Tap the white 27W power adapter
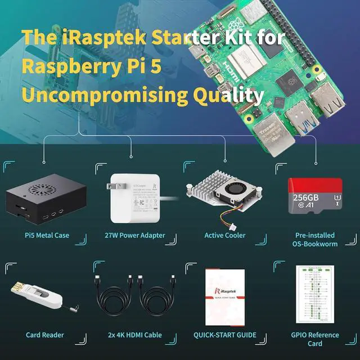(132, 200)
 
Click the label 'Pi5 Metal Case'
(45, 235)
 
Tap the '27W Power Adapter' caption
(135, 235)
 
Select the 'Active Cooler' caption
(225, 235)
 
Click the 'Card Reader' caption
(45, 335)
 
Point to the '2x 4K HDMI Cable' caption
(135, 335)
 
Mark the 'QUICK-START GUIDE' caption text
(225, 335)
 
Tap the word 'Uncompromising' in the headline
(103, 95)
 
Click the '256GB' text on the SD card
(307, 199)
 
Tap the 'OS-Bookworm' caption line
(315, 244)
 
